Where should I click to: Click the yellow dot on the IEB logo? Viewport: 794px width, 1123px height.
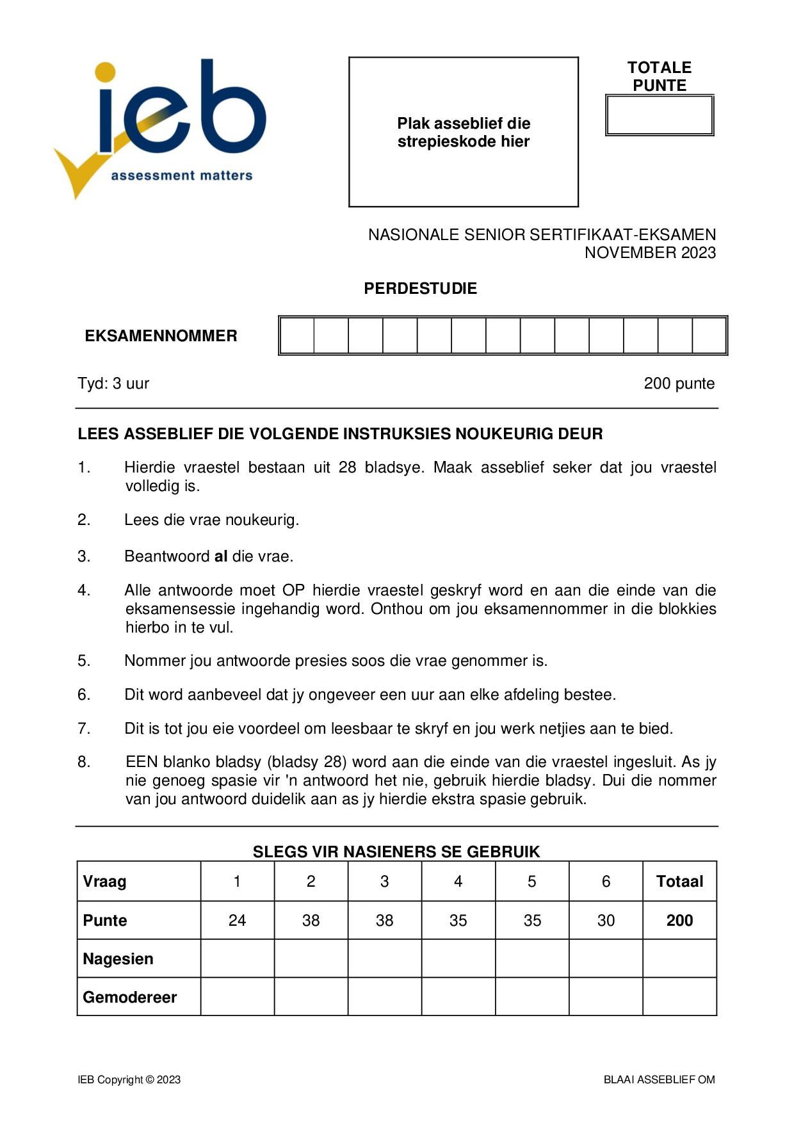106,72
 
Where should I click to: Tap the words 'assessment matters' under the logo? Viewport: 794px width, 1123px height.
182,175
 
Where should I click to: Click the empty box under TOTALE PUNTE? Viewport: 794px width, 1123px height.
659,116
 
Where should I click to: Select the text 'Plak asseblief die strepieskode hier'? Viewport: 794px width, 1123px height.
464,133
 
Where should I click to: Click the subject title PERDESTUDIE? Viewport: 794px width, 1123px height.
420,289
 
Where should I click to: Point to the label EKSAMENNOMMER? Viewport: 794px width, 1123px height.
161,336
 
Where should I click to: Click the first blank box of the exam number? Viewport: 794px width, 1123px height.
297,335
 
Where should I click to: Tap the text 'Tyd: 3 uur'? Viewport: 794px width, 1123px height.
113,384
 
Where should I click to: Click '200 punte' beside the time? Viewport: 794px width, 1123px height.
679,384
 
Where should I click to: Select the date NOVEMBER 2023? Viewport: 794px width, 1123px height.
650,253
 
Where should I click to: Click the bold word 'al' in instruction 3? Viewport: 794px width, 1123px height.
221,556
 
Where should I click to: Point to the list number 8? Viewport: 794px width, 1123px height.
84,762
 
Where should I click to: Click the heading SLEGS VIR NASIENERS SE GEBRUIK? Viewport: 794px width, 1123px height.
396,852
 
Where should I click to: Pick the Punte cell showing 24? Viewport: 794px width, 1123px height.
237,921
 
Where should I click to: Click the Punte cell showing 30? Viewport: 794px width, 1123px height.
606,921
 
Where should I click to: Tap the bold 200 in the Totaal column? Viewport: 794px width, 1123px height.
679,921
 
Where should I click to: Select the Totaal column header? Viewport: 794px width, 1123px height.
679,882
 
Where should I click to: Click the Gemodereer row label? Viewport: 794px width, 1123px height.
130,998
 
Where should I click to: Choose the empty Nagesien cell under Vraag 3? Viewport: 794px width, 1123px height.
384,958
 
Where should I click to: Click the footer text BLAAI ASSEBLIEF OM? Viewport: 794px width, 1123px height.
659,1080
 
